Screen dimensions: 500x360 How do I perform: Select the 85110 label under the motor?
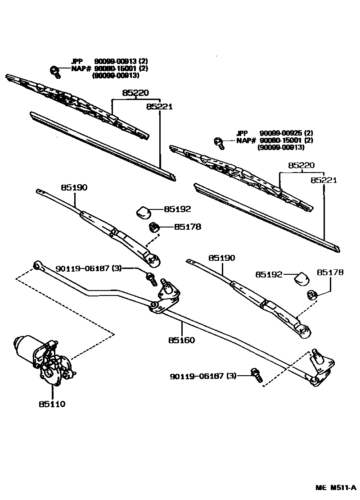[x=52, y=404]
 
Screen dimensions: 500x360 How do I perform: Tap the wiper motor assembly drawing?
[x=43, y=358]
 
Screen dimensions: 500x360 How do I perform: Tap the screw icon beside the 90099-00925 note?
[x=219, y=141]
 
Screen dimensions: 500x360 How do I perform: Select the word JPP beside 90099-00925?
[x=242, y=133]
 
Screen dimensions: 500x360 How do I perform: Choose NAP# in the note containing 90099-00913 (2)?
[x=81, y=68]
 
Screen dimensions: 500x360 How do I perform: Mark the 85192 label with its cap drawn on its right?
[x=269, y=274]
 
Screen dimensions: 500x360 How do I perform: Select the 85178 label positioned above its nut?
[x=330, y=273]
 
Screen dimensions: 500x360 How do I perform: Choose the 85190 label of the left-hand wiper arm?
[x=74, y=187]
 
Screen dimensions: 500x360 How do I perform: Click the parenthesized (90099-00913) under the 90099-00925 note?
[x=281, y=147]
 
